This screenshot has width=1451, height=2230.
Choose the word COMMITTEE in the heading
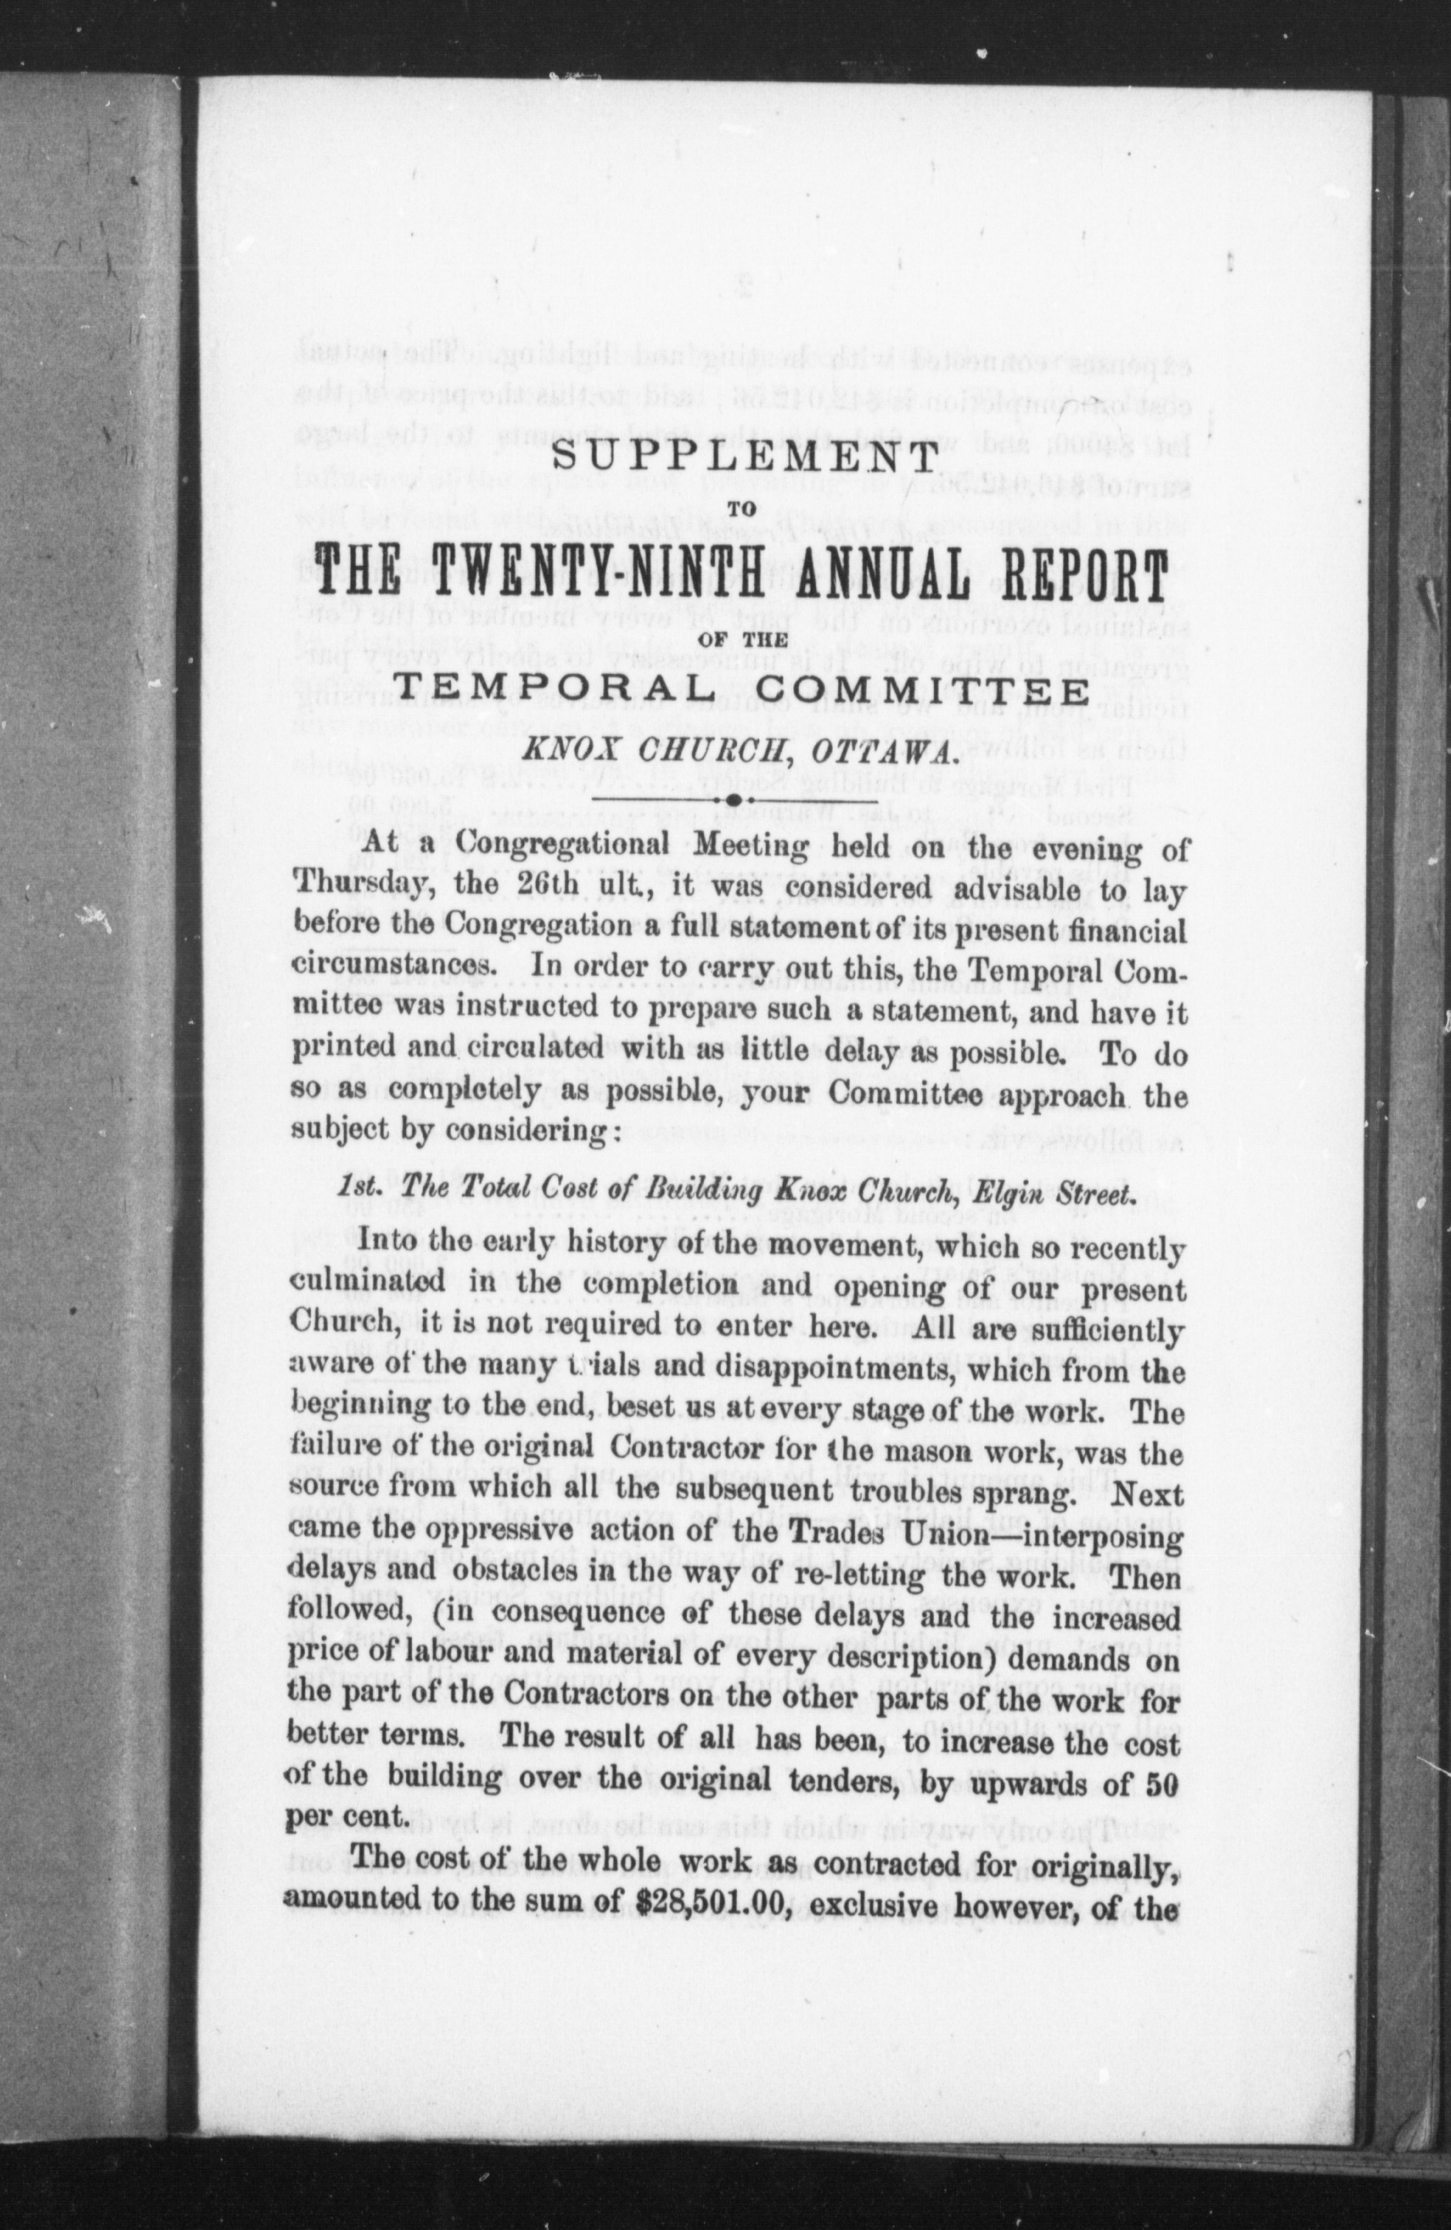(922, 692)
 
